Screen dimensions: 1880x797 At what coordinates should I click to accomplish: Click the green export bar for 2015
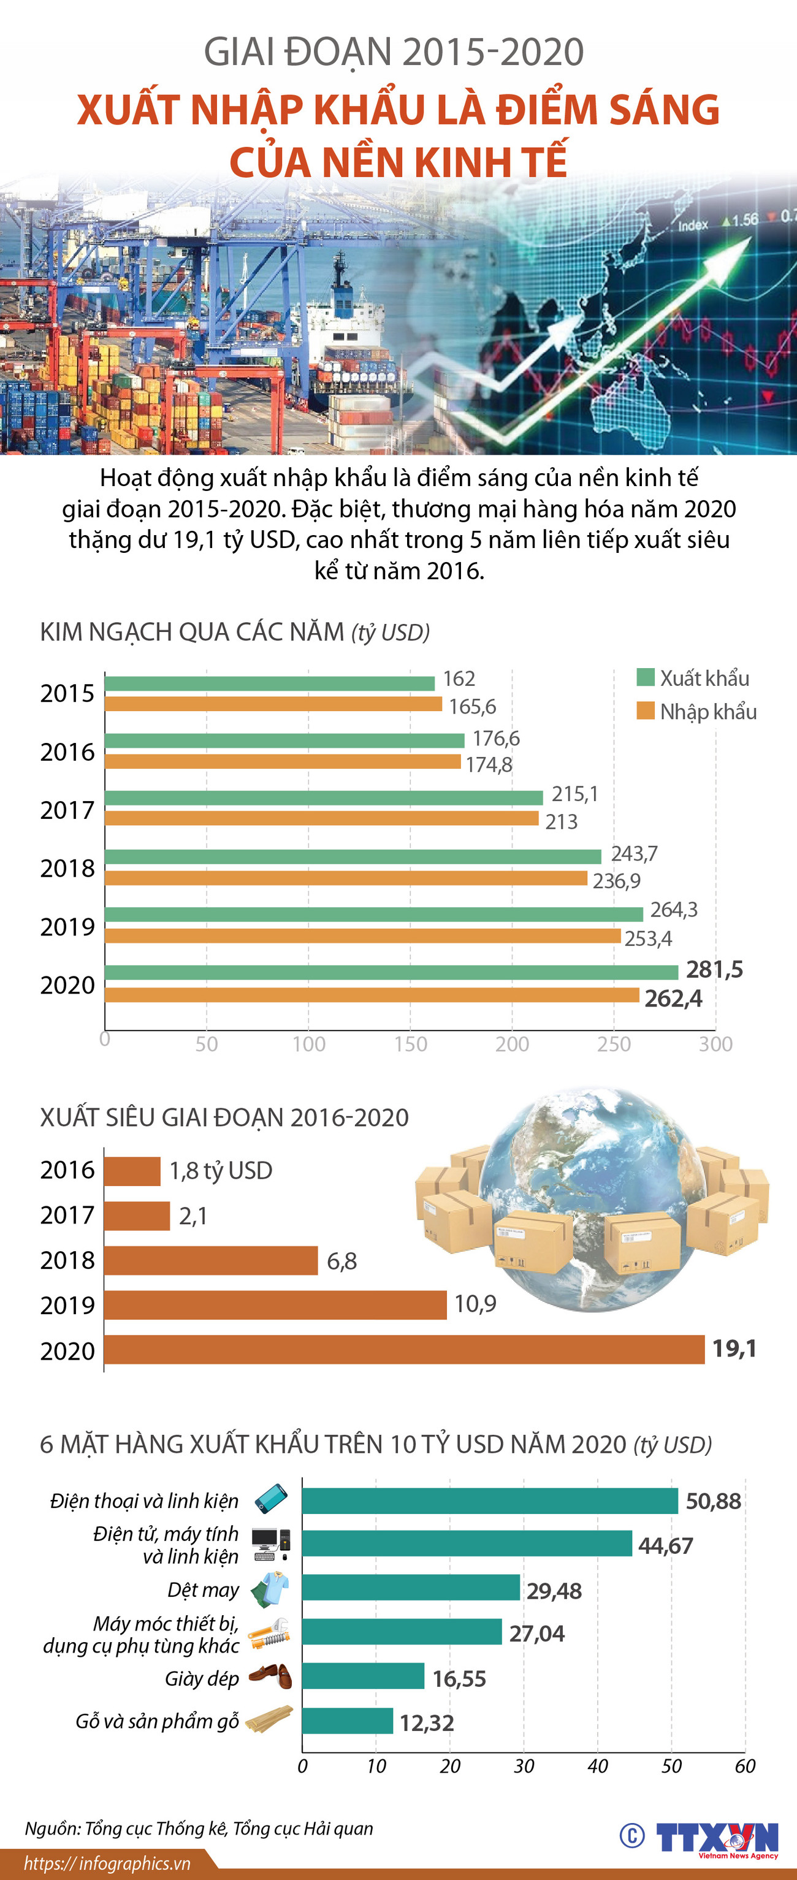[x=269, y=683]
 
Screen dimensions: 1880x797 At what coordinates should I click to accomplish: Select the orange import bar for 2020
[x=372, y=995]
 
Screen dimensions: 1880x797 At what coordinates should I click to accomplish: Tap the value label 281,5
[x=714, y=969]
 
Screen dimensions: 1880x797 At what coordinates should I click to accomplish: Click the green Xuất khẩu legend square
[x=645, y=677]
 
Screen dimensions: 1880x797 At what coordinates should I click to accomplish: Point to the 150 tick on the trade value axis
[x=410, y=1045]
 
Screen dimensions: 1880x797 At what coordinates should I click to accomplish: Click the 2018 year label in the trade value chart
[x=67, y=869]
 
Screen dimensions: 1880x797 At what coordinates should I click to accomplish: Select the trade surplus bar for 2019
[x=275, y=1305]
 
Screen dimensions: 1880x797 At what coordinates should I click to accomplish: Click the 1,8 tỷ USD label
[x=221, y=1171]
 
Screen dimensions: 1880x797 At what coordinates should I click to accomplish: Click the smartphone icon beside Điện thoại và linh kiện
[x=271, y=1499]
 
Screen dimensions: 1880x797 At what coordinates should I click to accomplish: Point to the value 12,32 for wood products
[x=426, y=1723]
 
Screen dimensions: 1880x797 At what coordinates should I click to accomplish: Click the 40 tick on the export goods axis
[x=597, y=1766]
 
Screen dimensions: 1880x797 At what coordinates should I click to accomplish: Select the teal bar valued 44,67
[x=467, y=1543]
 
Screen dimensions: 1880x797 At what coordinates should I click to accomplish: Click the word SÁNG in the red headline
[x=663, y=110]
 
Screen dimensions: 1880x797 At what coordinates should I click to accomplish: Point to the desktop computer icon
[x=271, y=1544]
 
